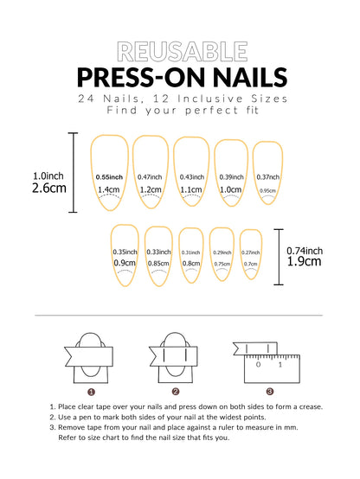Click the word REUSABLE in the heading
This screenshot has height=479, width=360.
coord(179,52)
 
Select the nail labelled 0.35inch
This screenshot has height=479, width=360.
coord(125,256)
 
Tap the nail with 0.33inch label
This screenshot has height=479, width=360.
coord(158,256)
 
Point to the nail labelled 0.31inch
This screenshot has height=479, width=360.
coord(191,255)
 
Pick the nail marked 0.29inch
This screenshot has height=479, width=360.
coord(222,254)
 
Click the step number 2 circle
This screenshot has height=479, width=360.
coord(175,392)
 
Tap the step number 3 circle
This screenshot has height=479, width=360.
coord(269,392)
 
